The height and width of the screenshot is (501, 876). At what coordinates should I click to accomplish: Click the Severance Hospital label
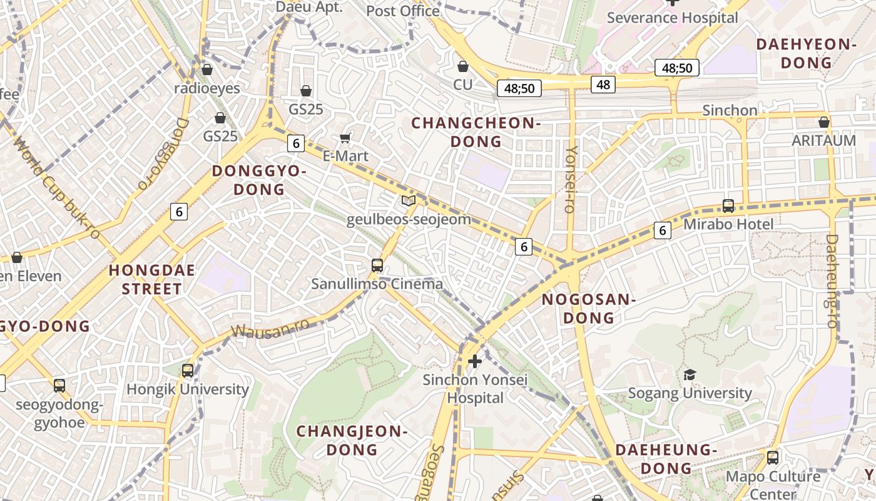[673, 18]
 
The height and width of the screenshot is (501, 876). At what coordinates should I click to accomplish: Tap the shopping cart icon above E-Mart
[345, 138]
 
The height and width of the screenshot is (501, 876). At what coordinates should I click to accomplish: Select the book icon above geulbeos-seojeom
[408, 201]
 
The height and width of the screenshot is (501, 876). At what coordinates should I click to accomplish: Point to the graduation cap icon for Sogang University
[690, 374]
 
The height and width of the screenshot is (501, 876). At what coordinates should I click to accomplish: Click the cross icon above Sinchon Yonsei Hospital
[475, 361]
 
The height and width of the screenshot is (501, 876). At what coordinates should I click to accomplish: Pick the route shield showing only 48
[603, 84]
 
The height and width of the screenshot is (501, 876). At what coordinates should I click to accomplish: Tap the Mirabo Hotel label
[728, 224]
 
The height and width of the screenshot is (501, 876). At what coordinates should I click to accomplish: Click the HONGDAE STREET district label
[152, 279]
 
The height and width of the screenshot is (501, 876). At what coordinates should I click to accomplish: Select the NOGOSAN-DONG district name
[589, 308]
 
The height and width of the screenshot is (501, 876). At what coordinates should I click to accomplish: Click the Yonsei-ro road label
[570, 179]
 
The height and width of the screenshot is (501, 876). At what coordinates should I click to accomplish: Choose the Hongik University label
[188, 389]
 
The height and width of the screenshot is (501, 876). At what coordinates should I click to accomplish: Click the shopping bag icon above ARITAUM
[824, 122]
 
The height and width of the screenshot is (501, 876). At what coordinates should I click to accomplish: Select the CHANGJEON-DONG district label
[352, 440]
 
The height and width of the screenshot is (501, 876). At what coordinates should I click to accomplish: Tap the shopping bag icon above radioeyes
[207, 69]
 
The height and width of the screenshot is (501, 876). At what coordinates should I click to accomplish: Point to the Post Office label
[402, 11]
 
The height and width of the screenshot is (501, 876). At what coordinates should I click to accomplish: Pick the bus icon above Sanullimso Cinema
[377, 265]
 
